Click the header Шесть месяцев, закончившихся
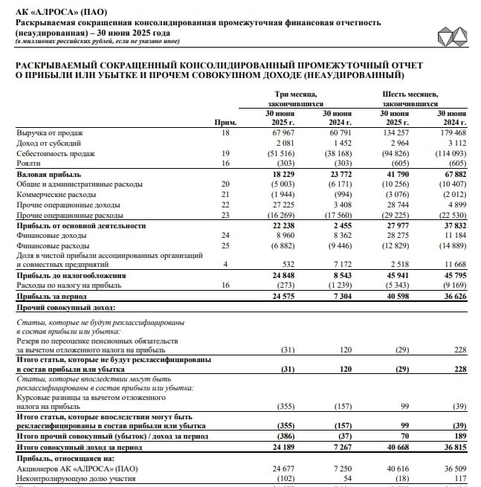[x=410, y=99]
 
